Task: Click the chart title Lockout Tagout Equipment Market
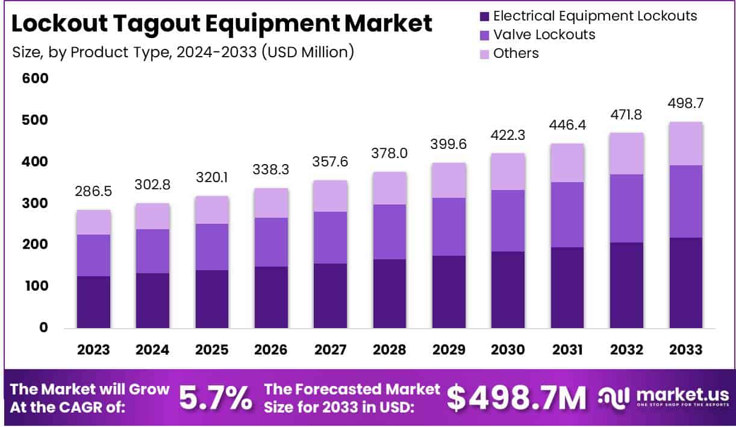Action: click(x=222, y=24)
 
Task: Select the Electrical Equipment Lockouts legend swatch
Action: click(x=483, y=16)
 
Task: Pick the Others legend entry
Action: click(x=516, y=53)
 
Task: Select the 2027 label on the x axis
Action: click(x=330, y=350)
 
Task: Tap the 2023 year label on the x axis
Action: click(x=93, y=350)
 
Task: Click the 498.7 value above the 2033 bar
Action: click(x=685, y=104)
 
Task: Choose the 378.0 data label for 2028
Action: click(x=389, y=153)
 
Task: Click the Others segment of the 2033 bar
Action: click(x=685, y=144)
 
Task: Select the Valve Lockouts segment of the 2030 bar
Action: click(x=508, y=221)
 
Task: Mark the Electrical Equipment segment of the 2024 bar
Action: click(x=152, y=300)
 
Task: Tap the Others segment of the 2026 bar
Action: click(x=271, y=203)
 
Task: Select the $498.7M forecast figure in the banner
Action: click(x=516, y=397)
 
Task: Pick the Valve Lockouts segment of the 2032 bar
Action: click(x=626, y=208)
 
